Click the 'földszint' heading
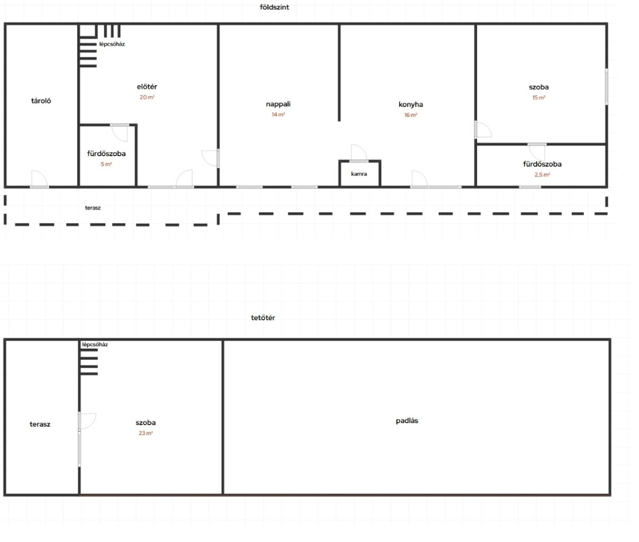pyautogui.click(x=274, y=7)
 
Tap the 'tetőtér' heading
pyautogui.click(x=263, y=318)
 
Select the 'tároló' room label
pyautogui.click(x=41, y=101)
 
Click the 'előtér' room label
pyautogui.click(x=147, y=86)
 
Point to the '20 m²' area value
pyautogui.click(x=147, y=97)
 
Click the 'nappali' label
pyautogui.click(x=278, y=104)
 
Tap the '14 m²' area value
pyautogui.click(x=278, y=115)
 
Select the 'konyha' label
pyautogui.click(x=411, y=104)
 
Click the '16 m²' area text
pyautogui.click(x=411, y=115)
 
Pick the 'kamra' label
pyautogui.click(x=359, y=174)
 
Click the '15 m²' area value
pyautogui.click(x=538, y=97)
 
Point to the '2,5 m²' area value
pyautogui.click(x=542, y=175)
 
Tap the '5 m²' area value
pyautogui.click(x=106, y=164)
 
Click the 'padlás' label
pyautogui.click(x=407, y=421)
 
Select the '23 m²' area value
pyautogui.click(x=146, y=433)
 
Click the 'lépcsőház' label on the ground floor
pyautogui.click(x=112, y=44)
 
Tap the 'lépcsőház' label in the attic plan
pyautogui.click(x=95, y=345)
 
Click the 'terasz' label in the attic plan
pyautogui.click(x=40, y=424)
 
